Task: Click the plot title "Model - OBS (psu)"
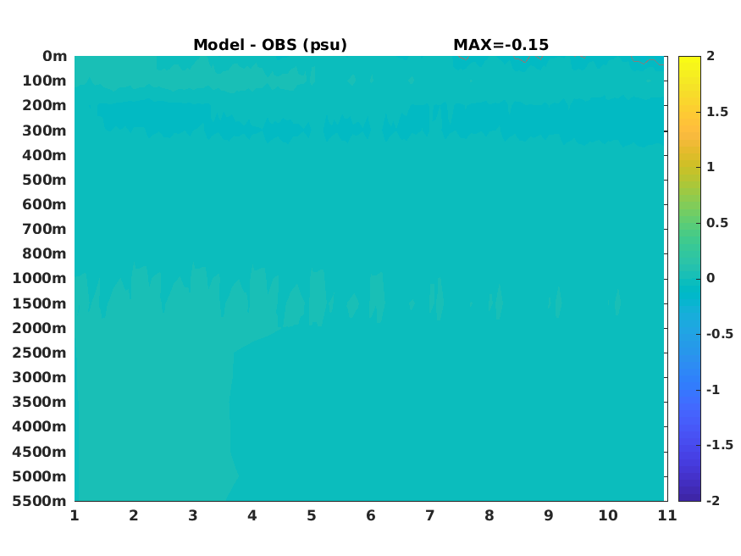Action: pos(270,45)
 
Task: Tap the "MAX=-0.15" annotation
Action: pos(501,45)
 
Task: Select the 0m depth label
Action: pos(55,56)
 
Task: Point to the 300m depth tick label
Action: pos(44,131)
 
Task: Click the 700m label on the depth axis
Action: pos(44,229)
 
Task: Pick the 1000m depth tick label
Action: pos(40,278)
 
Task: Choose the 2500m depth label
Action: pos(40,353)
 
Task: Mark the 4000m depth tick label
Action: pos(40,426)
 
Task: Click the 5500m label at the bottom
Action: pos(40,501)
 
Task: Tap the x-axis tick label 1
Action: pos(75,515)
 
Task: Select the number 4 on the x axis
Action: pos(252,515)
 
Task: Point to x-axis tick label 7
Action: pos(429,515)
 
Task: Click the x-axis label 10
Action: pos(608,515)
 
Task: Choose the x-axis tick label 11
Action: pos(667,515)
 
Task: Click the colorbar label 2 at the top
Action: pos(711,56)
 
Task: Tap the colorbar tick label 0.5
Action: pos(717,223)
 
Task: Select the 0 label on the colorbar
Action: pos(711,278)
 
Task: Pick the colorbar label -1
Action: pos(713,390)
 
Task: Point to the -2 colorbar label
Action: pos(713,501)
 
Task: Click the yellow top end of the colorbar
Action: pos(689,58)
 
